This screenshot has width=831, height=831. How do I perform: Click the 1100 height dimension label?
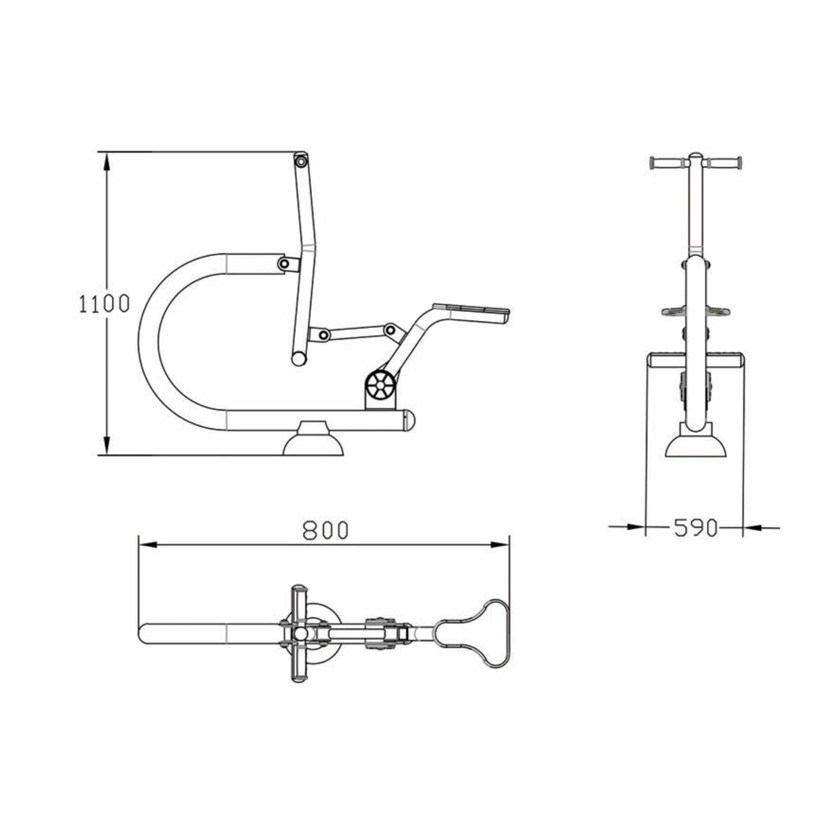[104, 303]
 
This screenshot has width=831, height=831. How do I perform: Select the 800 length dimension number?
[325, 531]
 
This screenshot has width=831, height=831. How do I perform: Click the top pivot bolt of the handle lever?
[300, 161]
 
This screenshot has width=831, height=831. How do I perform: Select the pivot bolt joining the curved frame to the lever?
[284, 263]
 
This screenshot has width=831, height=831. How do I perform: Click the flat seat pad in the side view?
[472, 310]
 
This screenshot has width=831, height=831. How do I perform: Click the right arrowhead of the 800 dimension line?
[500, 545]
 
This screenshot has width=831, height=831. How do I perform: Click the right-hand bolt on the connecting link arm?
[390, 330]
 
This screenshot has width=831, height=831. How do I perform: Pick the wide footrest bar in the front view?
[696, 360]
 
